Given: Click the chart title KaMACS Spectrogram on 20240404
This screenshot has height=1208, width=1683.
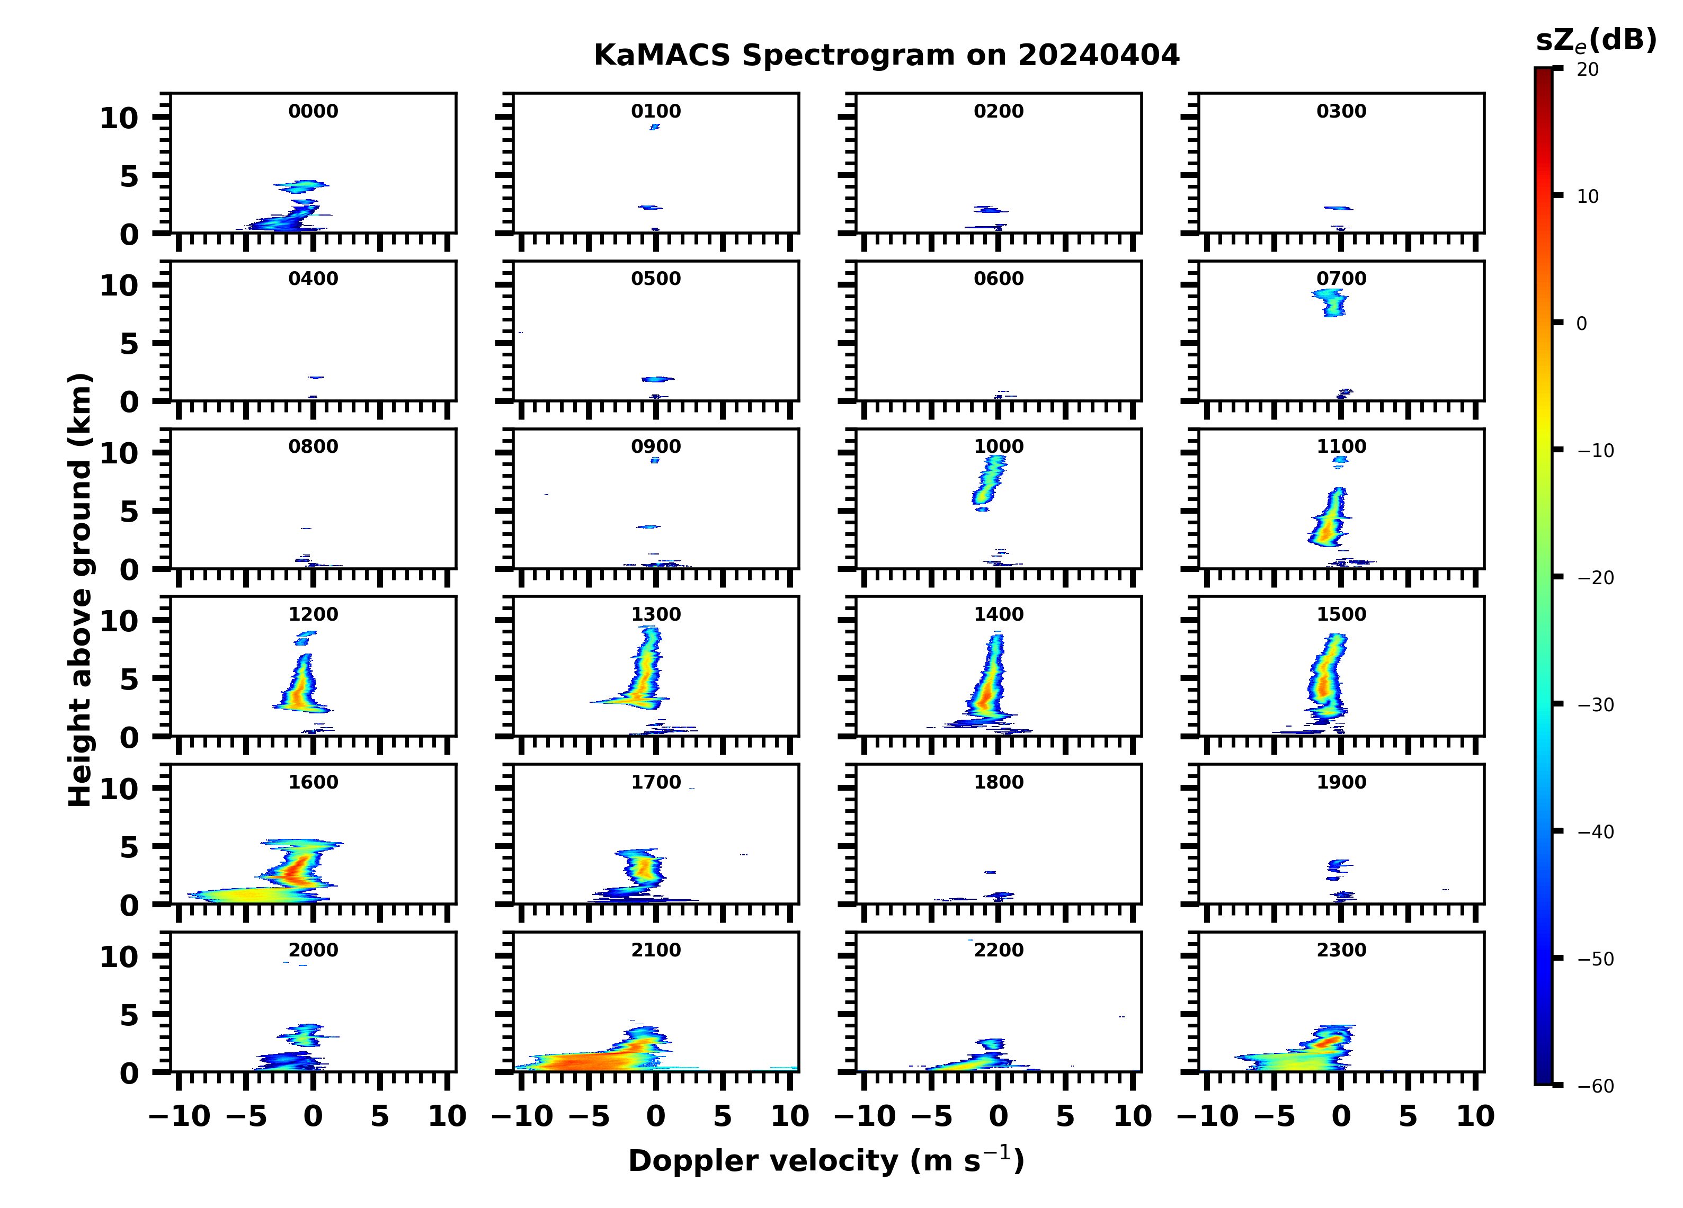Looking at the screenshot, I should [886, 56].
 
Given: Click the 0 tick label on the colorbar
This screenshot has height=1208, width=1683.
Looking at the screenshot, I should [1581, 324].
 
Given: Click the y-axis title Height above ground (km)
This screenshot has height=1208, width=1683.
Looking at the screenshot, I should [80, 590].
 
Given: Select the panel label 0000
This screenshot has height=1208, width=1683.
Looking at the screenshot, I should [313, 111].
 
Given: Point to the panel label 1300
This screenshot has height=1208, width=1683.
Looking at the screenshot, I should [656, 614].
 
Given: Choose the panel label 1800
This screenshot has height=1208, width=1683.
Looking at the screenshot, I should [998, 782].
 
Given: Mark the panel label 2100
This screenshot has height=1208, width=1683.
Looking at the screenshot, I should [656, 950].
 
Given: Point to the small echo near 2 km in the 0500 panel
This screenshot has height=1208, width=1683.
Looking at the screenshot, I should [657, 379].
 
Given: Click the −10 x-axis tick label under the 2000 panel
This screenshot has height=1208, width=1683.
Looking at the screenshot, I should [180, 1116].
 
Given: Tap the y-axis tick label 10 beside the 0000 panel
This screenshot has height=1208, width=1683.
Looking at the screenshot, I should [120, 118].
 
